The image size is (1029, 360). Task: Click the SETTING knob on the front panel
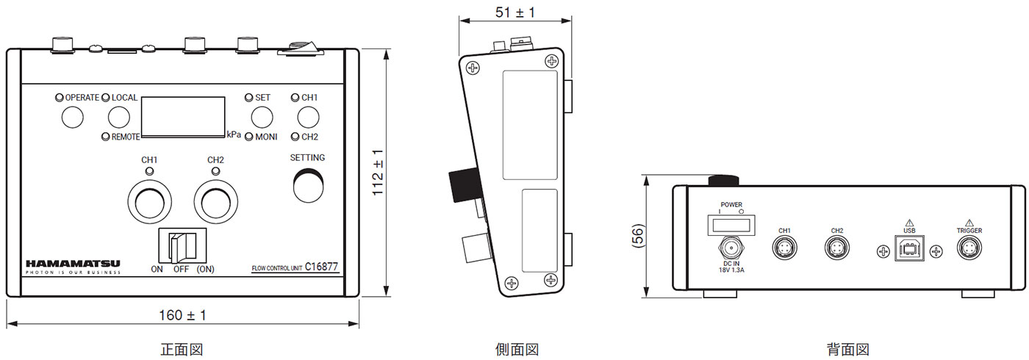(308, 185)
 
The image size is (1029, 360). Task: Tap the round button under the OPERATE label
(73, 117)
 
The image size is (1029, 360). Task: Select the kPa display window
(183, 117)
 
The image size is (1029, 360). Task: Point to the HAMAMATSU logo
(73, 264)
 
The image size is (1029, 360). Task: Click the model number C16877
(322, 267)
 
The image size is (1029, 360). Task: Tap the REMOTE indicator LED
(106, 137)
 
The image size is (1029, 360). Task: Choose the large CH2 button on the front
(216, 201)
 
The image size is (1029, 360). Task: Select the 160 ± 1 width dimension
(182, 315)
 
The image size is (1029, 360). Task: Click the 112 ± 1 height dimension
(378, 172)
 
